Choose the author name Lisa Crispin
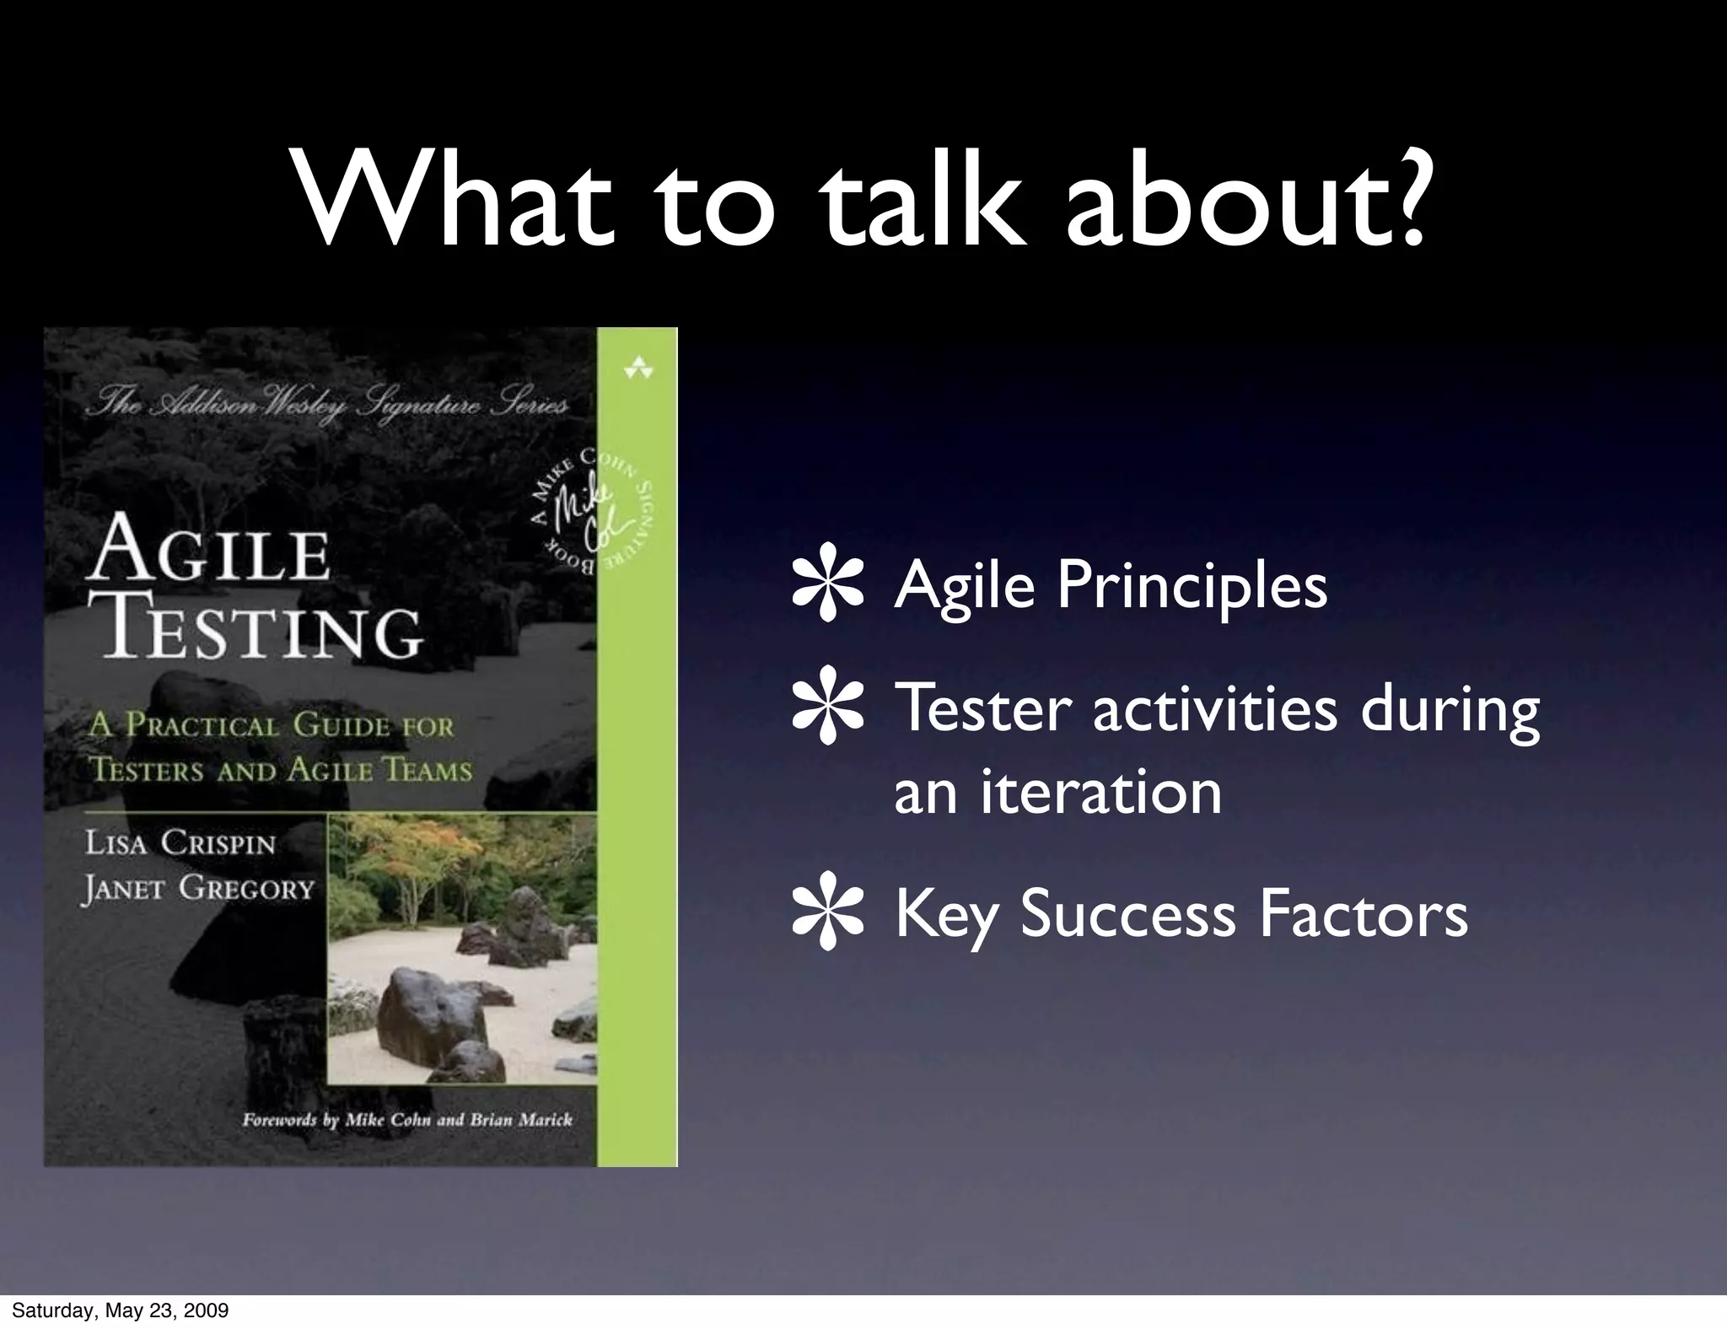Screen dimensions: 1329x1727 [180, 843]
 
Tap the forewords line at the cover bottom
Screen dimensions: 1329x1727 [407, 1120]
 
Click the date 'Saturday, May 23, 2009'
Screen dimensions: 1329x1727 [120, 1310]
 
